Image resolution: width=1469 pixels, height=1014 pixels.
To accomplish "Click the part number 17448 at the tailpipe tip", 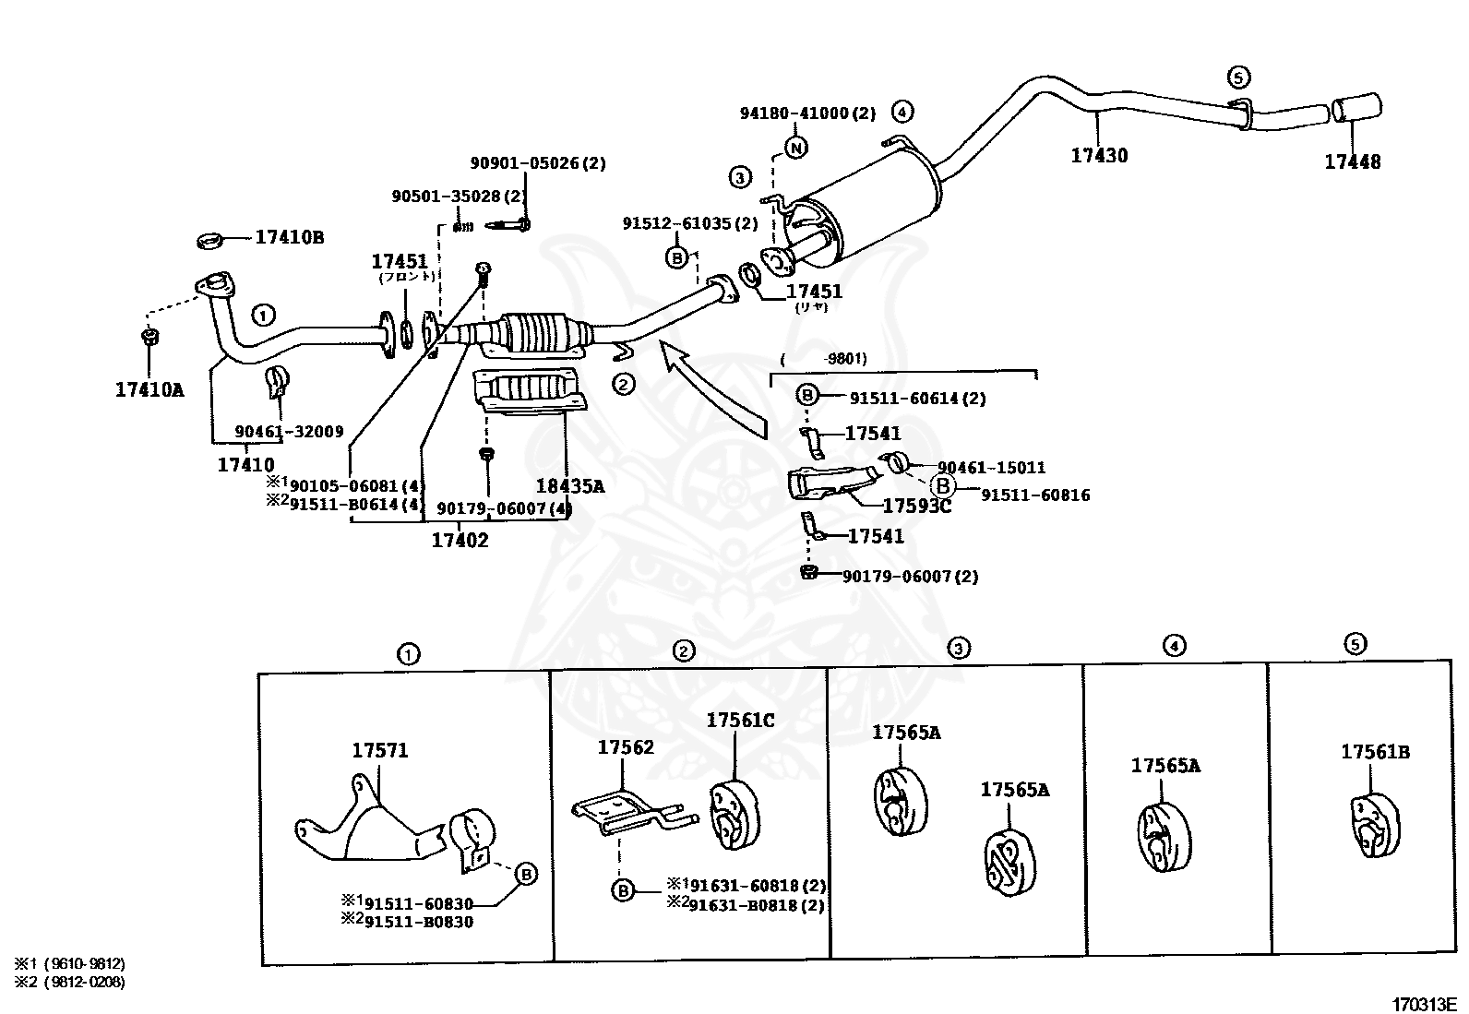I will [1352, 162].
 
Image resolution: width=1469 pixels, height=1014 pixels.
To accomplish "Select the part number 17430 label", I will [1099, 156].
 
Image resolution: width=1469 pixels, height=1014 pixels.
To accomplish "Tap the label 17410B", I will [289, 237].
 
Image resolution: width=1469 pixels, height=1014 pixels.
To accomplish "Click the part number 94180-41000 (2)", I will [806, 113].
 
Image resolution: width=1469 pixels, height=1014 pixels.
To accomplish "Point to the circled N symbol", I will [796, 147].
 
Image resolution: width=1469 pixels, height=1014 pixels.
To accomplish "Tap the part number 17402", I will [460, 540].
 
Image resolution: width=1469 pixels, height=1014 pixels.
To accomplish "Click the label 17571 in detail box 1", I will [379, 751].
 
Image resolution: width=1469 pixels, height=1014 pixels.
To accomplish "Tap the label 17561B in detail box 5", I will [1375, 753].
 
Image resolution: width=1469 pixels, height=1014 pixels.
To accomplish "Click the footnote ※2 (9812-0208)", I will [69, 982].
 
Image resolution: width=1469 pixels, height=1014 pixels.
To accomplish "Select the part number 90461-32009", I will [289, 432].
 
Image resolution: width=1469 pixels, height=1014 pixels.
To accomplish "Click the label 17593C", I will [916, 506].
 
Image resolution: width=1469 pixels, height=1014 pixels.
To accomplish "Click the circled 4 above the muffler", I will [902, 112].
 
